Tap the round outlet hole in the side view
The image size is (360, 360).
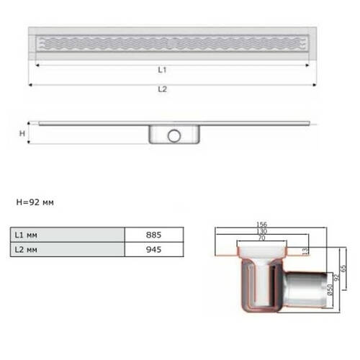174,135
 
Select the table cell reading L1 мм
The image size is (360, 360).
67,235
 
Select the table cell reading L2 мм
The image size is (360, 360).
67,250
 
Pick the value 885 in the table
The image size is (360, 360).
152,235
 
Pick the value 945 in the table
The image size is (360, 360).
152,250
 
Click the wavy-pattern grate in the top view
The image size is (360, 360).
172,42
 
